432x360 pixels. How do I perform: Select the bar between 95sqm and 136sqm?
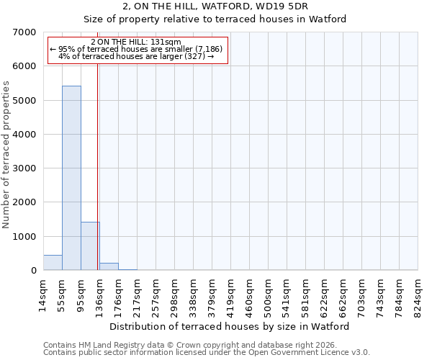(x=90, y=246)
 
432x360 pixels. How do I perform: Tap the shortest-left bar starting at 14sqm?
(x=53, y=263)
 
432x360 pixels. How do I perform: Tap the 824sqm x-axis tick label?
(x=418, y=296)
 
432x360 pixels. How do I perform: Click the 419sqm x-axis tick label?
(x=230, y=296)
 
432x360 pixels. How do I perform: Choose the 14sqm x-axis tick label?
(x=43, y=296)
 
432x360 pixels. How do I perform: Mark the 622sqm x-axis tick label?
(x=324, y=296)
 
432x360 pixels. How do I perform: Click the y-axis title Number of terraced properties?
(x=6, y=154)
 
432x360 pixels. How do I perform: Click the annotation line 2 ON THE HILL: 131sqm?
(x=138, y=42)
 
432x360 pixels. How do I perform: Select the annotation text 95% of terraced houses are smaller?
(x=138, y=49)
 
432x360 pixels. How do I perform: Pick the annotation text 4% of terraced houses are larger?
(x=138, y=56)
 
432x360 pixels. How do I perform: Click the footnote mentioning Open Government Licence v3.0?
(x=207, y=353)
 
